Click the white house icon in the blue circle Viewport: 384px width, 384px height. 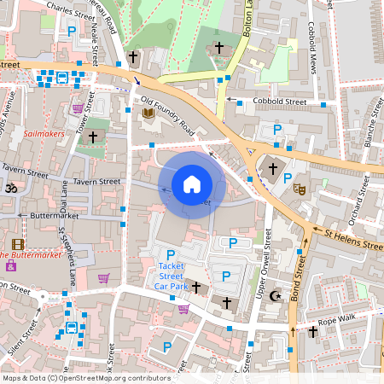tap(192, 183)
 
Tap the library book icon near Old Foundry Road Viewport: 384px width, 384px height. tap(148, 113)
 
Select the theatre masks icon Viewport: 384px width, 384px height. tap(299, 188)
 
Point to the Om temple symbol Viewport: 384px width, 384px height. tap(12, 188)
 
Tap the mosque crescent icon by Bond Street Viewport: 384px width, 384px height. tap(275, 296)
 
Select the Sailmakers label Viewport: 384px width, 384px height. tap(44, 134)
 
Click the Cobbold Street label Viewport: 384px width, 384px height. tap(279, 101)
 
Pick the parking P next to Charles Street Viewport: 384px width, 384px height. tap(72, 31)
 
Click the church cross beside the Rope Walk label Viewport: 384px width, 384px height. tap(312, 333)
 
